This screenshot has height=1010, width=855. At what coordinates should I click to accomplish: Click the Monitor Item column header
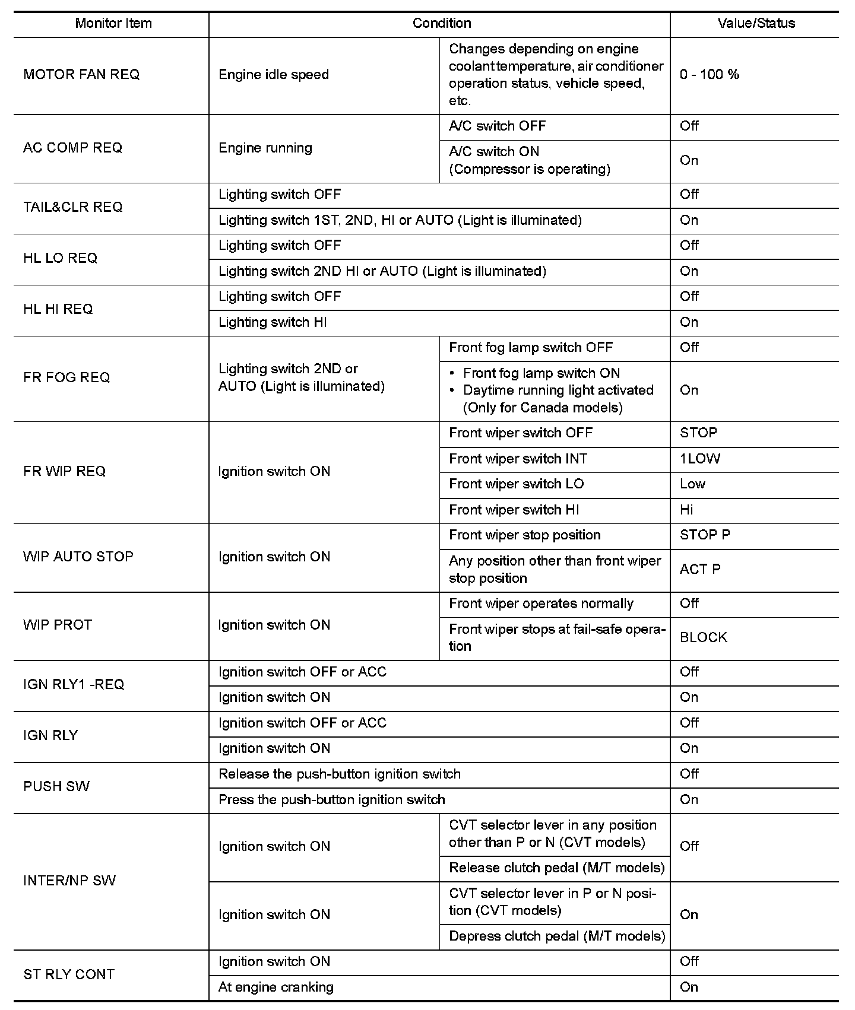click(113, 24)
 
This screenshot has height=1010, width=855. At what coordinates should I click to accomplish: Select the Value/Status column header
click(756, 24)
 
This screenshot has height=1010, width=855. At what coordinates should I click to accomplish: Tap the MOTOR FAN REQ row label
click(81, 75)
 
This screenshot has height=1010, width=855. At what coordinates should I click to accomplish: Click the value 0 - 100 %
click(710, 75)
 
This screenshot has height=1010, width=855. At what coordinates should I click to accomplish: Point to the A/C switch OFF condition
click(497, 126)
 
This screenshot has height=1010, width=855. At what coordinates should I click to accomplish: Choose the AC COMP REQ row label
click(72, 148)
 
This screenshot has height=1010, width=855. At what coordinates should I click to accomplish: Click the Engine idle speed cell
click(274, 75)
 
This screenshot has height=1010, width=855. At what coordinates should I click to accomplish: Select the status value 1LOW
click(700, 459)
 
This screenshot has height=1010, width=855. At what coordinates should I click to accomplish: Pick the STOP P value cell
click(705, 535)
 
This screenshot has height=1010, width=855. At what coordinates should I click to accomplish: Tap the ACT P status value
click(700, 569)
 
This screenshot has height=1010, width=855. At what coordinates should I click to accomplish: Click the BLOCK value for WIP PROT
click(704, 637)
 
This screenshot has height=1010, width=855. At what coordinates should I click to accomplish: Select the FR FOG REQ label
click(66, 378)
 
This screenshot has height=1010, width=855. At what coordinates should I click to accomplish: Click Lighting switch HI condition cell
click(273, 323)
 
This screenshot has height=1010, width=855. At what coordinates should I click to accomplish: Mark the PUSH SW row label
click(56, 787)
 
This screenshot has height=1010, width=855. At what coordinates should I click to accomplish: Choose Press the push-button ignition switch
click(331, 800)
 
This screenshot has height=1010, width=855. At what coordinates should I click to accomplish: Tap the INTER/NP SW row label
click(69, 881)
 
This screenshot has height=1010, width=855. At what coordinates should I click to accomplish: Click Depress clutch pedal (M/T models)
click(556, 936)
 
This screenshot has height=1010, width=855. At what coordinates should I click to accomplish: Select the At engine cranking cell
click(276, 987)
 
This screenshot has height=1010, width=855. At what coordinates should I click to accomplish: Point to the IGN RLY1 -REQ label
click(74, 685)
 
